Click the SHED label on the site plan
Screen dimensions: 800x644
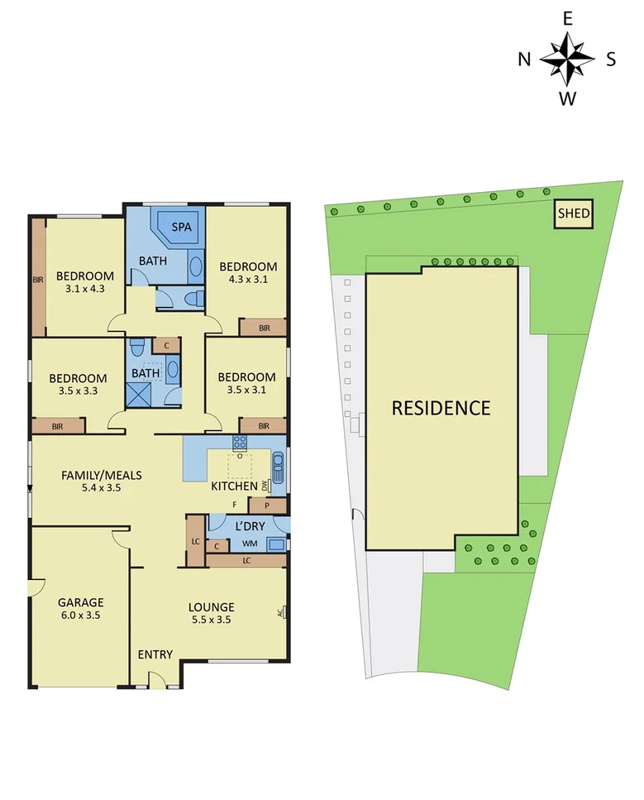click(x=574, y=214)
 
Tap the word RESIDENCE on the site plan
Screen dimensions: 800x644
click(x=441, y=408)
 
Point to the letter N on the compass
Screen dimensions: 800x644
click(x=524, y=59)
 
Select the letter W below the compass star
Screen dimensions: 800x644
click(x=567, y=99)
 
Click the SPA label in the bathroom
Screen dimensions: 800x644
click(x=179, y=227)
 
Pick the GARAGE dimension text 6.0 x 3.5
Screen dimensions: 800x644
click(x=80, y=616)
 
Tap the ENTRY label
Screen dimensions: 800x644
click(x=155, y=654)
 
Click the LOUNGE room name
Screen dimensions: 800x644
click(x=211, y=606)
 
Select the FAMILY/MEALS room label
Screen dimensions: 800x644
click(x=102, y=475)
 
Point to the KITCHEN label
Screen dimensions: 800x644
click(x=233, y=486)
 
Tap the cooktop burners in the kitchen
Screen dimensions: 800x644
click(x=240, y=442)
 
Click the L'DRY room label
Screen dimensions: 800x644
click(x=249, y=526)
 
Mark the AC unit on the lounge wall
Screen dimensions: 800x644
click(x=283, y=613)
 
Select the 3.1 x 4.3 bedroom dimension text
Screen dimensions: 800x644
click(x=84, y=290)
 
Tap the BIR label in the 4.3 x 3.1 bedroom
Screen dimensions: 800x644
click(x=264, y=328)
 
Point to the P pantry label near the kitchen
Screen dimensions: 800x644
click(x=267, y=505)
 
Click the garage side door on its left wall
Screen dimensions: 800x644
click(x=33, y=587)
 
